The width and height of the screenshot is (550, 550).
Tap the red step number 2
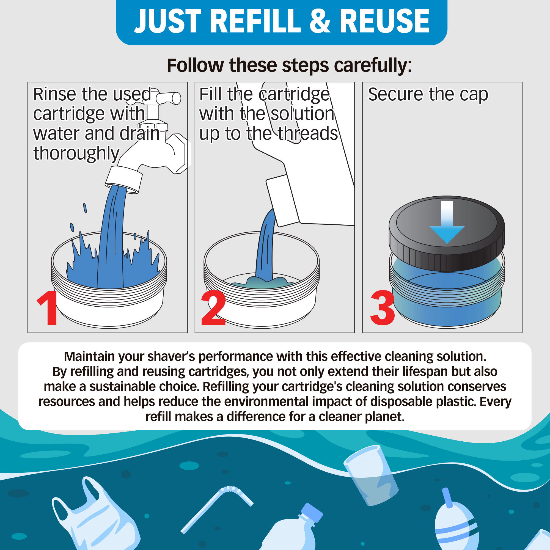213,307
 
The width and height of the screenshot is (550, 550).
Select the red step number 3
382,308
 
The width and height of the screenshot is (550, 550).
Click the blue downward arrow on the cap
447,222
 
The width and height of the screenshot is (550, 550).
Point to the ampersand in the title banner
320,21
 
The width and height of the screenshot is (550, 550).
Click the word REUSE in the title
385,21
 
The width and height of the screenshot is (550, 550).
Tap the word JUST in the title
168,21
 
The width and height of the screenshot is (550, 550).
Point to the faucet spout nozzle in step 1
124,180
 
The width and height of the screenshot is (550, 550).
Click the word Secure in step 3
396,94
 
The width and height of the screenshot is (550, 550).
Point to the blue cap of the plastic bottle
312,513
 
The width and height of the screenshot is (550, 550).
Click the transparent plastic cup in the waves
371,476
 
